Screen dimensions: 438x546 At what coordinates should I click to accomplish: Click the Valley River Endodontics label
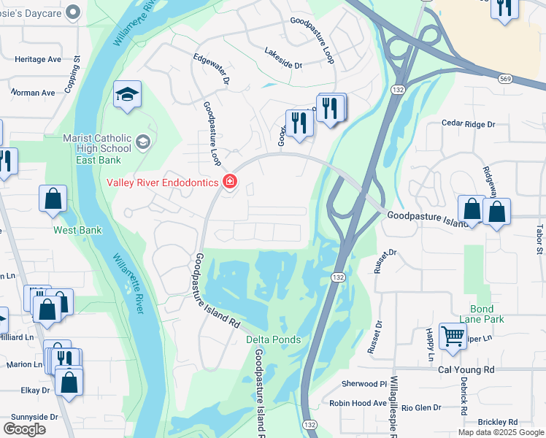(x=163, y=182)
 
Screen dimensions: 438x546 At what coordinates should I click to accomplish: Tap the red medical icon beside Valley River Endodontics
(x=230, y=182)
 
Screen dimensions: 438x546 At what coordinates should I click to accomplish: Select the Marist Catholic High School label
(x=96, y=144)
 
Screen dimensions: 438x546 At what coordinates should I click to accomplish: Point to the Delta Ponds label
(x=273, y=339)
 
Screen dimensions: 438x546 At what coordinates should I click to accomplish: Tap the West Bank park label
(x=77, y=230)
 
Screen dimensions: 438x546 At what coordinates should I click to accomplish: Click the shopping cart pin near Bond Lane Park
(x=453, y=335)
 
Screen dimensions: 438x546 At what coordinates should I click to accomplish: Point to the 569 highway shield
(x=505, y=78)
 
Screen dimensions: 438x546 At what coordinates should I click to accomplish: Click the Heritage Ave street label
(x=38, y=59)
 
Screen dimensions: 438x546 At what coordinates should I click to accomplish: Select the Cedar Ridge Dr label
(x=468, y=124)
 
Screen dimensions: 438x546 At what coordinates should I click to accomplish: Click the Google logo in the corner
(x=24, y=429)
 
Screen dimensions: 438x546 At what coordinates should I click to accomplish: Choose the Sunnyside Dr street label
(x=34, y=417)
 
